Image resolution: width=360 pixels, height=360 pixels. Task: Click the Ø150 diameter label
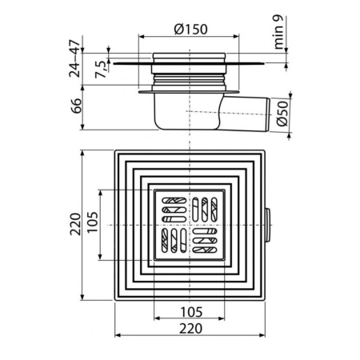click(x=190, y=30)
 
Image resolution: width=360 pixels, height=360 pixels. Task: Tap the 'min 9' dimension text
click(x=278, y=32)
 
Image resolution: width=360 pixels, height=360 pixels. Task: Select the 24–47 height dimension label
click(x=74, y=58)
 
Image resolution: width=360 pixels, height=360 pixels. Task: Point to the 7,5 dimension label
click(x=101, y=70)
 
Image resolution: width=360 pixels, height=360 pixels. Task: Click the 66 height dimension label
click(x=76, y=106)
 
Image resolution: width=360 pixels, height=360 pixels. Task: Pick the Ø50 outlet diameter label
click(x=282, y=114)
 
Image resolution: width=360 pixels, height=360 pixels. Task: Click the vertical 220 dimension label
click(x=75, y=224)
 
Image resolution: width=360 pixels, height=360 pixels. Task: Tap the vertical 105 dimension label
click(x=93, y=222)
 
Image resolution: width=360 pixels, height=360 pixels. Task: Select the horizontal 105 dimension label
click(x=191, y=312)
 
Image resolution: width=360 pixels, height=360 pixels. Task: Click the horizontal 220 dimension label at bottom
click(x=190, y=329)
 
